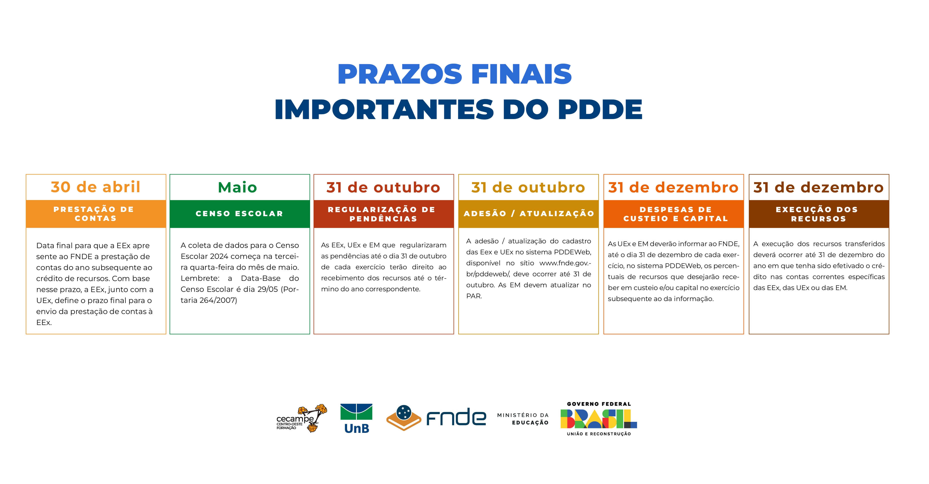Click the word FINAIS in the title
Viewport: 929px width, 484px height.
[x=521, y=74]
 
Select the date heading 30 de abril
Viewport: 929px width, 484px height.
[x=95, y=187]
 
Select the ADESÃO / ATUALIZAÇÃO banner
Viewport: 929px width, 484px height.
[x=528, y=214]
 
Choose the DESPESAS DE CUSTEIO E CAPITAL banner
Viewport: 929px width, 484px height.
[x=674, y=214]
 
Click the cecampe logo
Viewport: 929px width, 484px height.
[x=302, y=418]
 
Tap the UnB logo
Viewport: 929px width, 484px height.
[x=356, y=418]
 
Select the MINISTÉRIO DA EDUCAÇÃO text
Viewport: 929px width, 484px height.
[x=523, y=419]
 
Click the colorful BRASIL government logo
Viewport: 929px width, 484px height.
[x=599, y=419]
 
